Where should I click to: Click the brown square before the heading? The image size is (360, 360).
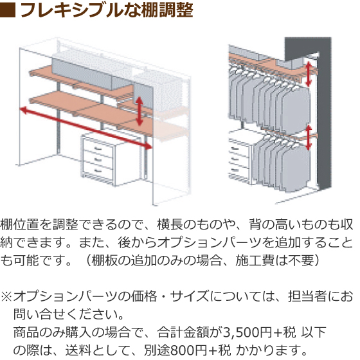coord(8,10)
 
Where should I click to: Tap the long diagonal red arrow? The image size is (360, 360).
coord(86,128)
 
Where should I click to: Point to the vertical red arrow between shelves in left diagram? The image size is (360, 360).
coord(139,111)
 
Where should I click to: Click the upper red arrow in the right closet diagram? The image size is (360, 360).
coord(309,74)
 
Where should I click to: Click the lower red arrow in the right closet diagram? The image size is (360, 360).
coord(309,138)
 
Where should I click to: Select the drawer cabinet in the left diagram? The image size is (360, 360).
coord(98,159)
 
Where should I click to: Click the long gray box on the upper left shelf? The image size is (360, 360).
coord(82,73)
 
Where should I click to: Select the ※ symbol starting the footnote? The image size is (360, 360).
coord(6,296)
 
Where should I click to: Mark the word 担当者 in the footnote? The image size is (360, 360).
coord(307,296)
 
